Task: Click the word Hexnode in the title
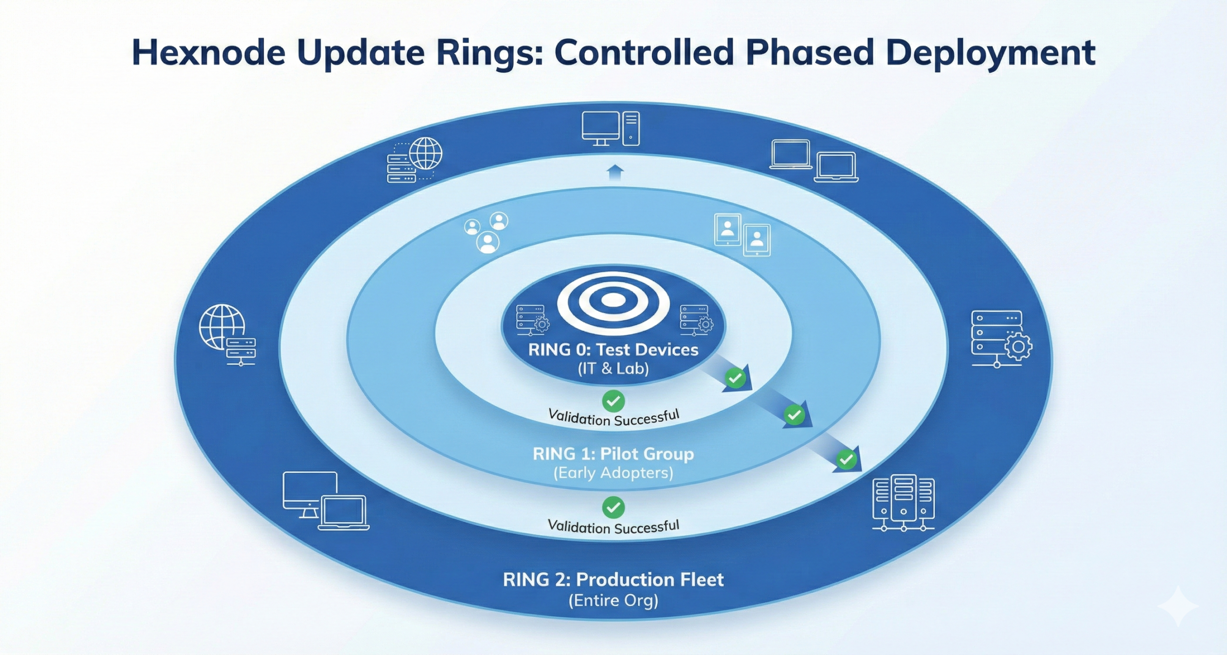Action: click(208, 52)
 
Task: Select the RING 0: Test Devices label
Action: click(613, 349)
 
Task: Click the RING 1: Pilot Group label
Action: click(613, 453)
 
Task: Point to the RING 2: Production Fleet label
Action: click(613, 579)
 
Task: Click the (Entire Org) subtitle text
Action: click(613, 600)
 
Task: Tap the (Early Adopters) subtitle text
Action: click(613, 473)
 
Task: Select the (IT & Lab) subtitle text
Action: click(613, 368)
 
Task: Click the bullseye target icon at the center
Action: click(613, 301)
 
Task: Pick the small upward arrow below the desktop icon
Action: click(615, 172)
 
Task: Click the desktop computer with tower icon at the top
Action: click(611, 129)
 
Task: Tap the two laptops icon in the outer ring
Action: click(814, 161)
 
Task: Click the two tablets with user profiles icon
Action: click(742, 235)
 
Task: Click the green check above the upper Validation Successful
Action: click(613, 401)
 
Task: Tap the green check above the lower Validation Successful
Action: click(613, 507)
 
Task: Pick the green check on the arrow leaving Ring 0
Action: click(736, 378)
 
